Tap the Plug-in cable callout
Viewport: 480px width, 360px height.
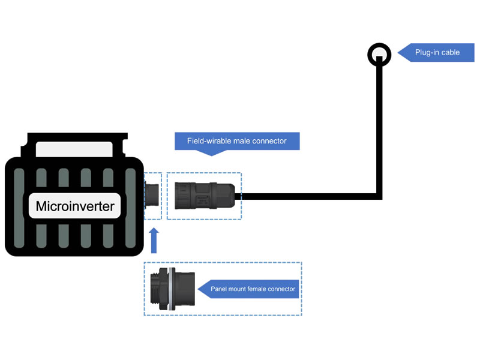(437, 53)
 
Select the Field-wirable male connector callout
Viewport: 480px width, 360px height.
(236, 141)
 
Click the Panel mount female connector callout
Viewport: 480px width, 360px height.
(253, 289)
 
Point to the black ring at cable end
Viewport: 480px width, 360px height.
(379, 55)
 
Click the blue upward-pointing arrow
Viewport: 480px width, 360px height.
(154, 240)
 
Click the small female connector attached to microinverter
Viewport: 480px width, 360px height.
(154, 196)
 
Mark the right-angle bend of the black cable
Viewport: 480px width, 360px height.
(379, 196)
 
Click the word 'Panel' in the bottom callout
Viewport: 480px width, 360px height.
(218, 289)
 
